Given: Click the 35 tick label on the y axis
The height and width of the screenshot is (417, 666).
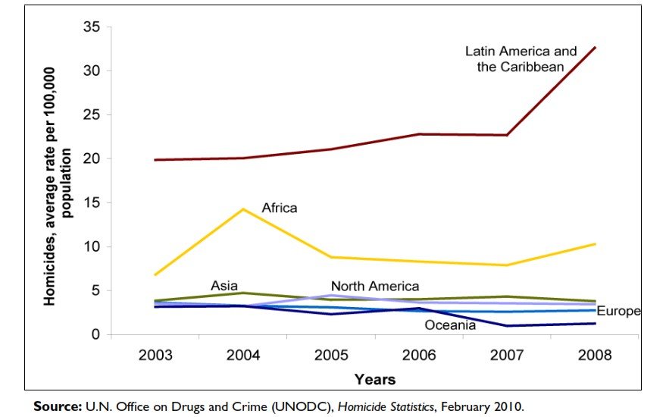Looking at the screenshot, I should click(x=91, y=27).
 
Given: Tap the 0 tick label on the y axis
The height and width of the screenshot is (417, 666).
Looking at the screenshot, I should click(x=95, y=334).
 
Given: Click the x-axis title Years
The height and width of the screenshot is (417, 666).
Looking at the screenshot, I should click(x=375, y=378).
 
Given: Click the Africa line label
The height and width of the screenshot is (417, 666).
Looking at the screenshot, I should click(x=280, y=207).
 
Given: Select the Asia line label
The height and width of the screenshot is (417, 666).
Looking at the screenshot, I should click(x=224, y=286).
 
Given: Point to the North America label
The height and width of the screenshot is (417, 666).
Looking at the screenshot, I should click(x=374, y=286).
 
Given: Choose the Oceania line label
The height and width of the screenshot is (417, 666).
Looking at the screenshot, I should click(x=450, y=325).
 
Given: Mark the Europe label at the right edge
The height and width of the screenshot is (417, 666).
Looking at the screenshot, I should click(x=619, y=312).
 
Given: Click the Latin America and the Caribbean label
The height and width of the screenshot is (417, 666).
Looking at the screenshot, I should click(x=521, y=58).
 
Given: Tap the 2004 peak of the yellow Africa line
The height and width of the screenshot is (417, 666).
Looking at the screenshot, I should click(x=242, y=208).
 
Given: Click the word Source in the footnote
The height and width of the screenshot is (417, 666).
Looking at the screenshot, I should click(x=56, y=406).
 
